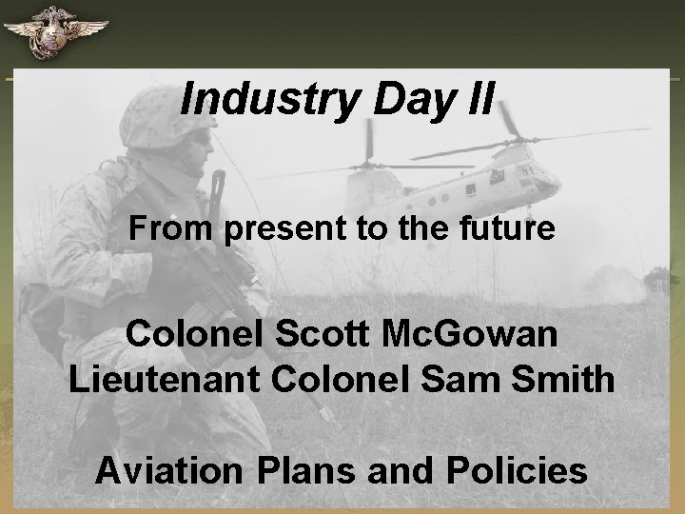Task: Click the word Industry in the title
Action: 255,99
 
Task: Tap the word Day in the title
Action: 391,99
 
